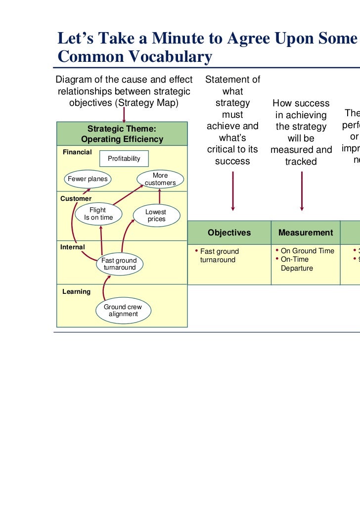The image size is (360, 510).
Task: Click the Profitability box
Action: click(124, 158)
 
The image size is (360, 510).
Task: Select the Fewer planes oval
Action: click(88, 179)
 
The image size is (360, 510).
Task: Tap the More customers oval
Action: click(160, 179)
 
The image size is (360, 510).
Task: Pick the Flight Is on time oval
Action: click(98, 214)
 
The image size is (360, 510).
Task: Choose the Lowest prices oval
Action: click(156, 215)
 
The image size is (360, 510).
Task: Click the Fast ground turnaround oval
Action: click(119, 264)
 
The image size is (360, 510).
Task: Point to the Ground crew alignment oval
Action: click(123, 310)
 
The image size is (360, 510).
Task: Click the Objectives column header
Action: click(229, 232)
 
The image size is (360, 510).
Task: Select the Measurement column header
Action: click(305, 232)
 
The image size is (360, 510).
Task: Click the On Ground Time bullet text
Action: click(307, 251)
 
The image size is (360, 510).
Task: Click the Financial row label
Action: click(77, 152)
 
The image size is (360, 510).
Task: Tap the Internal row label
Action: click(73, 247)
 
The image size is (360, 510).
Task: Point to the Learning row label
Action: click(76, 291)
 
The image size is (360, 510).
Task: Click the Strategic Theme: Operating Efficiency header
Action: click(122, 135)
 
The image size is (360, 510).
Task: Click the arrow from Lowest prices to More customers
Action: click(159, 196)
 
